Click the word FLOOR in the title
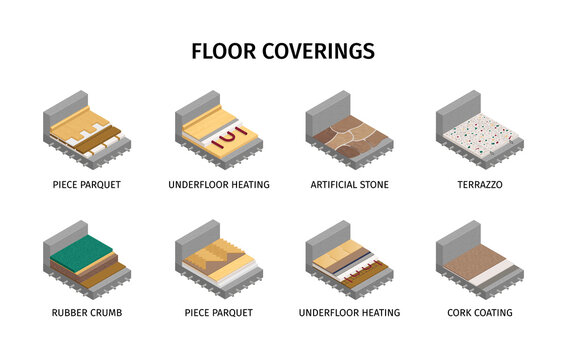225,51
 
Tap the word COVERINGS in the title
320,51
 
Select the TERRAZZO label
479,185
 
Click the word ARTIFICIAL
333,185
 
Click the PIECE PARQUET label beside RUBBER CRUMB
219,313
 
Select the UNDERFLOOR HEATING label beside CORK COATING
349,313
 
